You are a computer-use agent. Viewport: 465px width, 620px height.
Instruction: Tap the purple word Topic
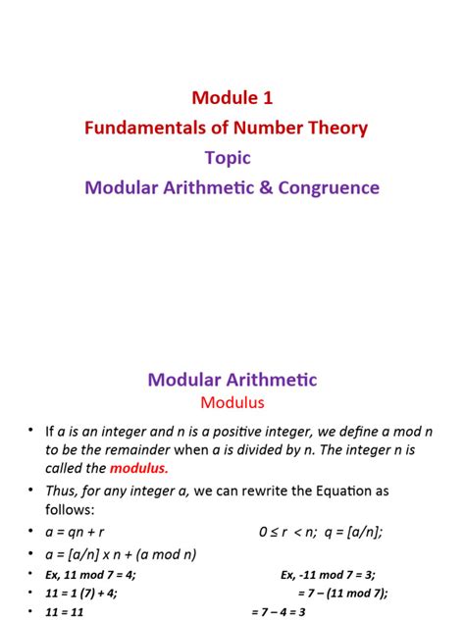(228, 157)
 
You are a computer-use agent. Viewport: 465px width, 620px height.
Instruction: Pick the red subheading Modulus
(232, 401)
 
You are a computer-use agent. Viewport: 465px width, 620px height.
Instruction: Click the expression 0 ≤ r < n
(291, 532)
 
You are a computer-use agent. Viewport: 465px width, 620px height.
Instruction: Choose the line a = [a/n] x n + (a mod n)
(121, 553)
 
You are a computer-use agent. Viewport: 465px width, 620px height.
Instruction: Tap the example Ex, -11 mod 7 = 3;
(328, 574)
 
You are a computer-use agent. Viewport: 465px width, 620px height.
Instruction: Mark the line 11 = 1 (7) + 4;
(88, 593)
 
